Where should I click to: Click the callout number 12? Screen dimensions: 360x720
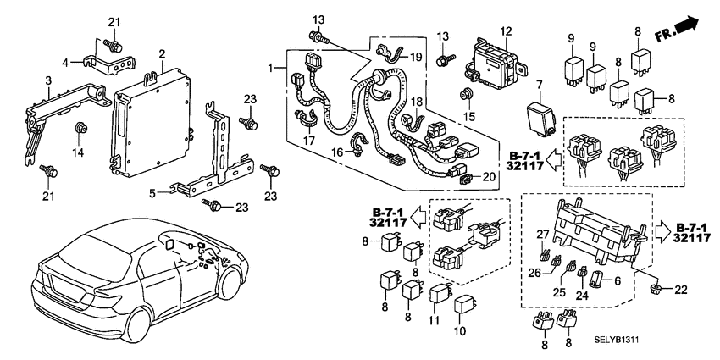pos(506,31)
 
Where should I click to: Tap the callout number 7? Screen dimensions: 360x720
pos(537,85)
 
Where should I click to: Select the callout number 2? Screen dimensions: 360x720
pos(161,53)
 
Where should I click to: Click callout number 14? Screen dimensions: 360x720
pos(82,153)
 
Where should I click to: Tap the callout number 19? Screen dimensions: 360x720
pos(416,58)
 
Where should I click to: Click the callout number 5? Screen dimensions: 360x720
pos(152,193)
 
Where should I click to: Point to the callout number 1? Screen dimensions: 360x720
pos(271,67)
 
